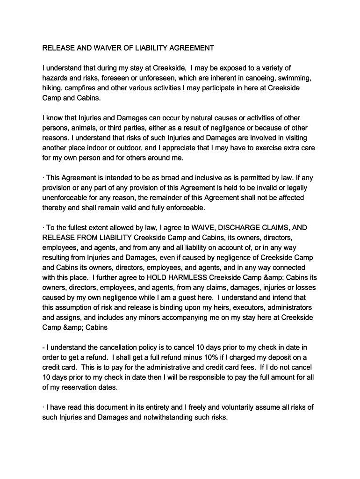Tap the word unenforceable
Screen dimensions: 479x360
[67, 197]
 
